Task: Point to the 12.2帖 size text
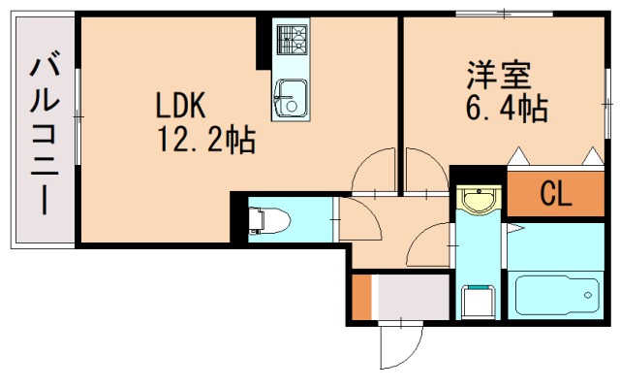(x=206, y=142)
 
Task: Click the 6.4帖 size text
(x=507, y=108)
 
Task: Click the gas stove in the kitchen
(x=290, y=40)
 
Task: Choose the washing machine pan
(x=478, y=300)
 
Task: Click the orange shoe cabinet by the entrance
(x=361, y=298)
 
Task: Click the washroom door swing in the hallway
(x=431, y=244)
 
